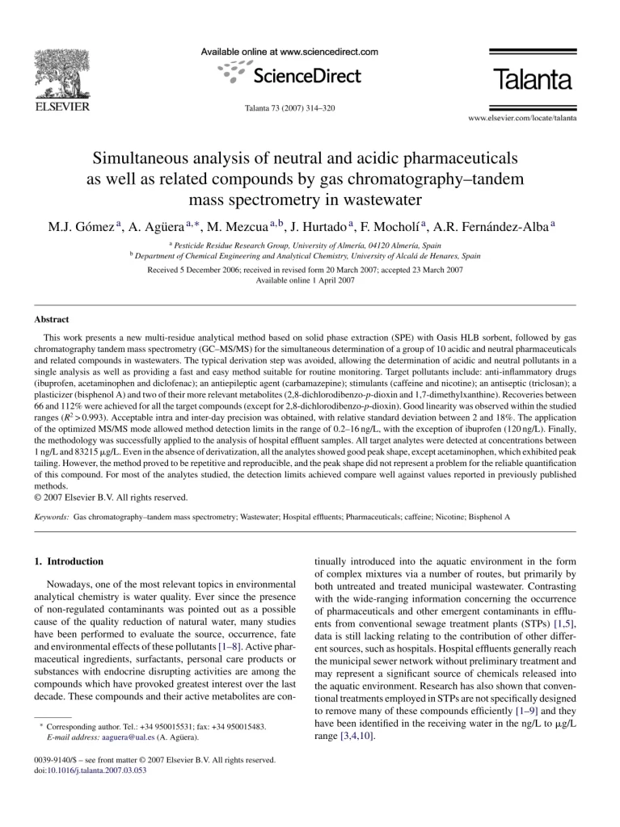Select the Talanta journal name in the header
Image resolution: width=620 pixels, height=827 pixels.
532,81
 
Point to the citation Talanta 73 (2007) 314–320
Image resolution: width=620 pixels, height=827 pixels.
289,108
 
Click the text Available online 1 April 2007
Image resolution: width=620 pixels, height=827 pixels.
305,280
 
